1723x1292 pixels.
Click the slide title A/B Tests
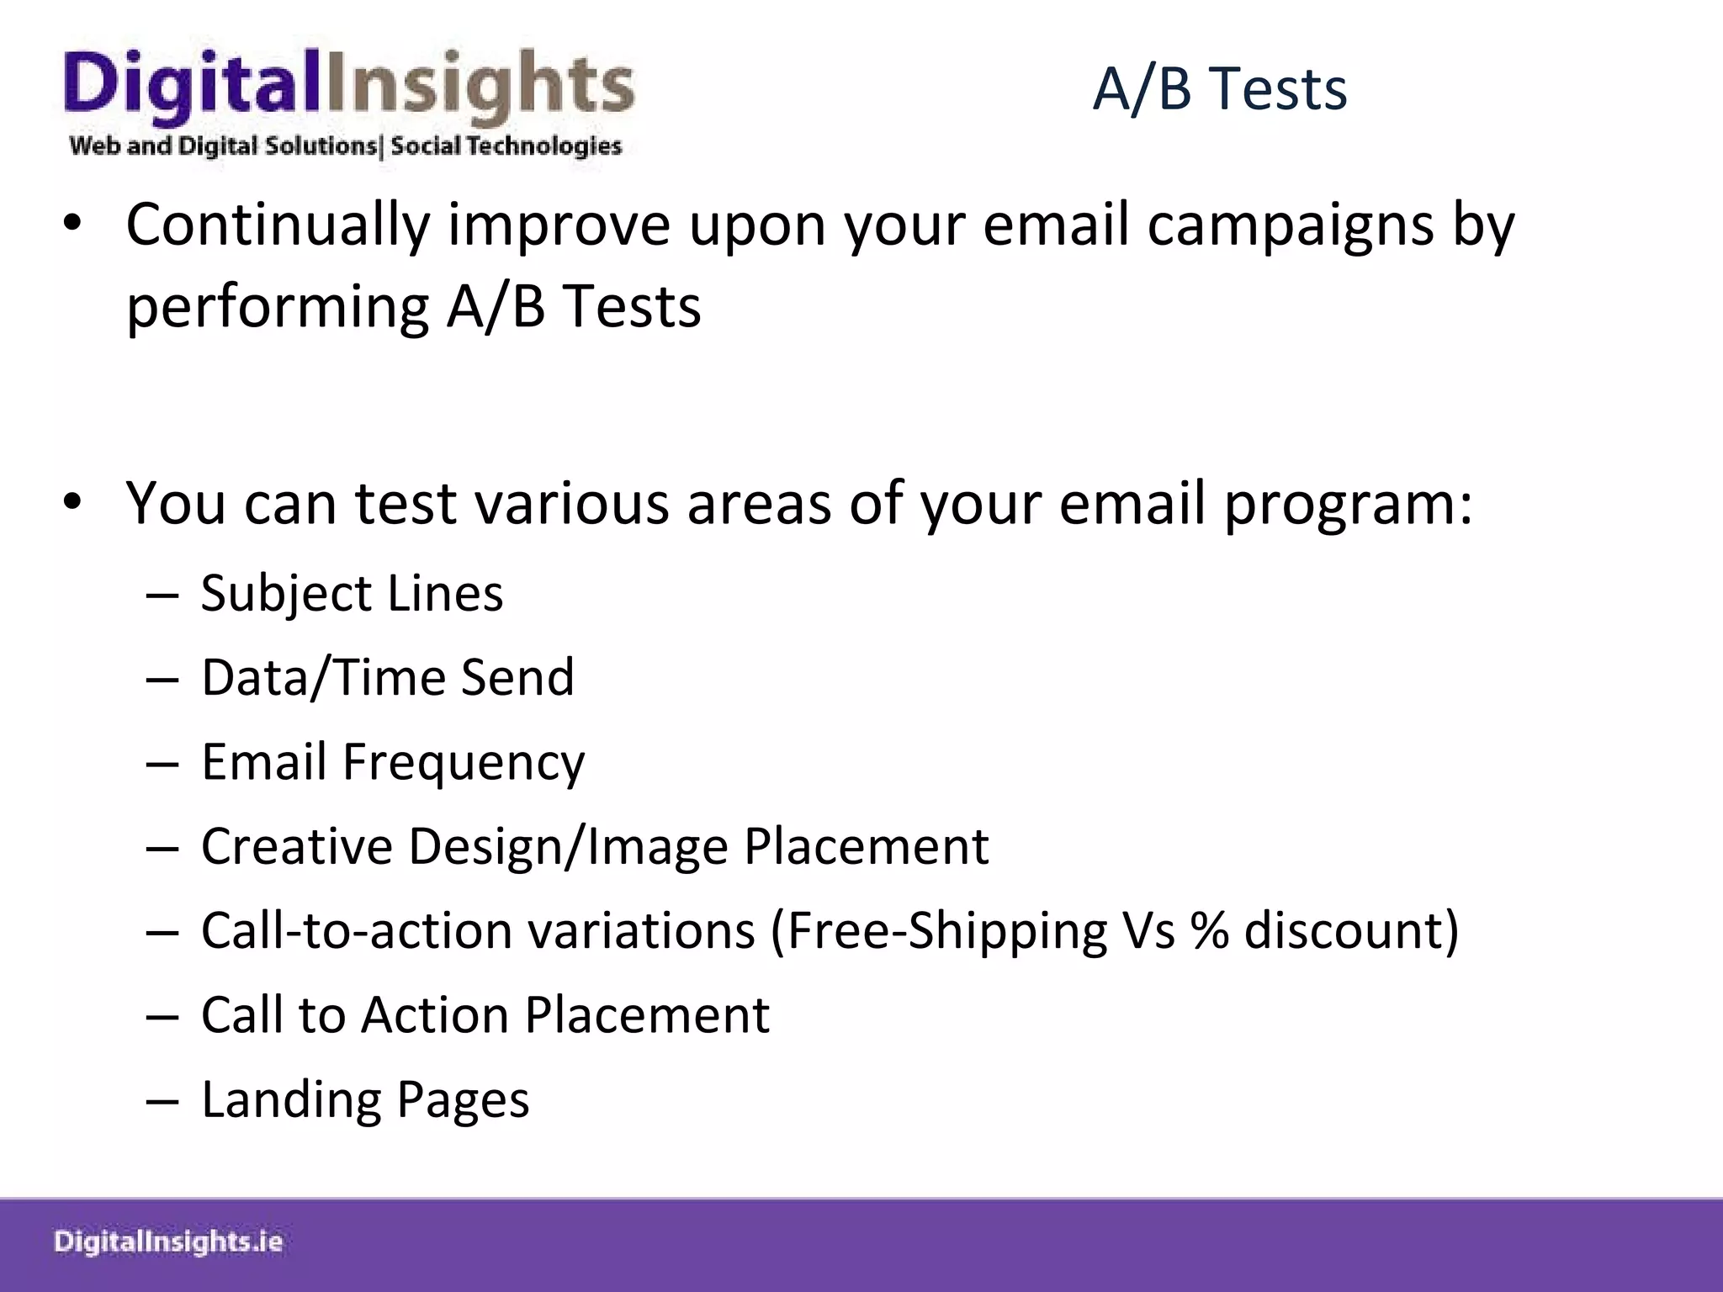point(1219,88)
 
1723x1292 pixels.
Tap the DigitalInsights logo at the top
point(348,88)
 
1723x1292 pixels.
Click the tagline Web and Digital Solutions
point(224,146)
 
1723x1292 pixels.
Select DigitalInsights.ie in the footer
point(168,1242)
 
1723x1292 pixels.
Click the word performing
point(278,307)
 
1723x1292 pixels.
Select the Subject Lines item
point(352,594)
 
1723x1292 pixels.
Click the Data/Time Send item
point(387,678)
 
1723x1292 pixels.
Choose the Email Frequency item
point(392,762)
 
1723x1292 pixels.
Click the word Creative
point(296,846)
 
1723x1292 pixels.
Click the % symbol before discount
point(1209,931)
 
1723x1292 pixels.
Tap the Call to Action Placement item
point(485,1015)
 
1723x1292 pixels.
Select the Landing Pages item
point(365,1099)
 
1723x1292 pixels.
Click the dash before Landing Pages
point(162,1101)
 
